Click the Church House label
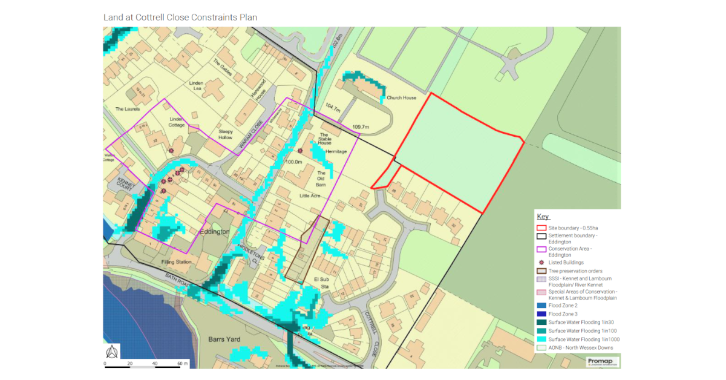(402, 97)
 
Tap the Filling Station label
(177, 262)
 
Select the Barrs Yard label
(224, 339)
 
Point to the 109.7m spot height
(360, 126)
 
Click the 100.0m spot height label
(294, 162)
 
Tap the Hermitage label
(336, 151)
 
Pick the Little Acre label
(310, 196)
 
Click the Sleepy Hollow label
(226, 134)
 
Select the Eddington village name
(213, 232)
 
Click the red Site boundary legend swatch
(541, 228)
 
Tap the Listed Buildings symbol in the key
(541, 263)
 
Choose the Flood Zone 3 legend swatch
(541, 314)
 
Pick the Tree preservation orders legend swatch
(541, 271)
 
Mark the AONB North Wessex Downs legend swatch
(541, 348)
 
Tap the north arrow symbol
(112, 352)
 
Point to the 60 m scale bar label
(182, 363)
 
